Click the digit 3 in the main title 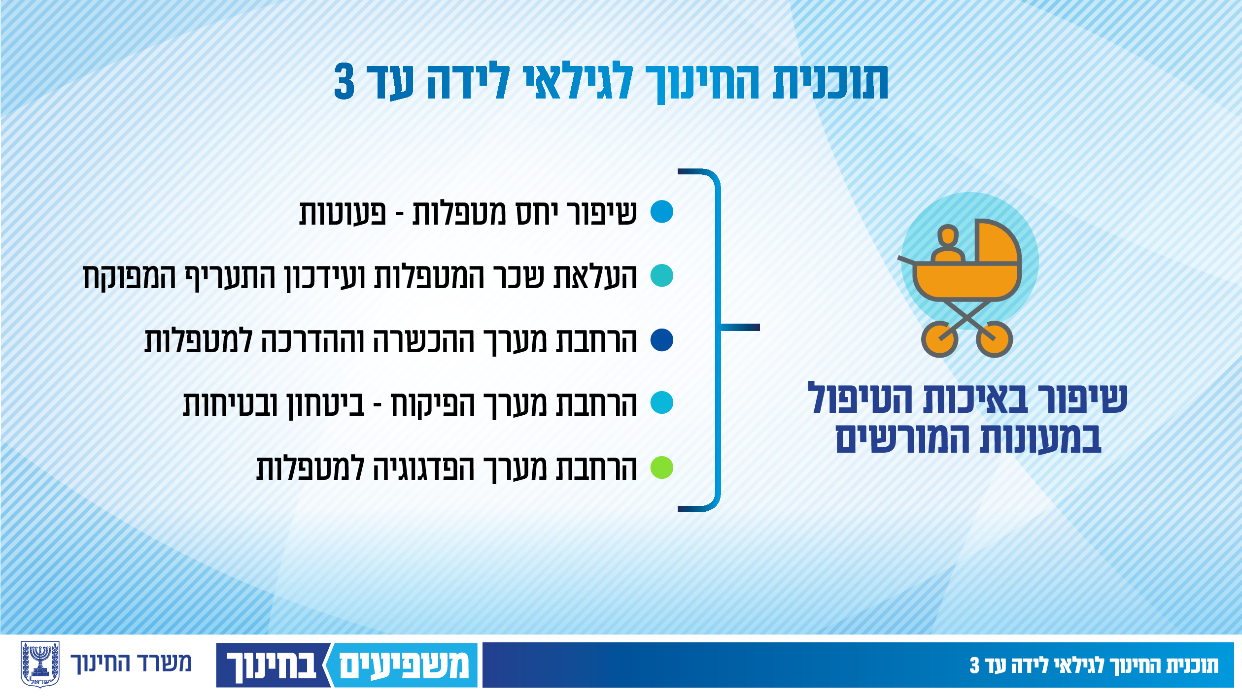(x=344, y=81)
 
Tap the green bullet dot (x=661, y=467)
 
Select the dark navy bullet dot (x=661, y=340)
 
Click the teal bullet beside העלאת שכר (x=661, y=275)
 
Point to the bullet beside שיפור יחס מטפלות (x=661, y=211)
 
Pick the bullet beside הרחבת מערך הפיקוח (x=661, y=402)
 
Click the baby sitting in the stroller (x=948, y=244)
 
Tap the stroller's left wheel (x=939, y=339)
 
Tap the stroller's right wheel (x=995, y=339)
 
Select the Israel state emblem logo (x=40, y=665)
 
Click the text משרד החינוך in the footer (x=131, y=664)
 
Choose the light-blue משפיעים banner (x=402, y=665)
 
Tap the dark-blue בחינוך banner (x=272, y=665)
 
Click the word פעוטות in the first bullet (x=343, y=214)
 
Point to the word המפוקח (x=129, y=278)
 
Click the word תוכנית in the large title (x=830, y=82)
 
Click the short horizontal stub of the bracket (x=740, y=328)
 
